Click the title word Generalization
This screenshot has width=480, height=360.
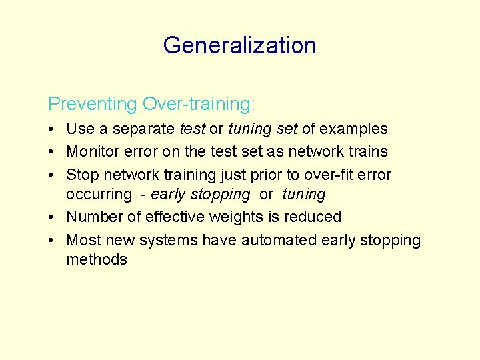(239, 45)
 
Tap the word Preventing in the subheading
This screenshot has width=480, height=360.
(92, 104)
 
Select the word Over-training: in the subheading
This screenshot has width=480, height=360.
(199, 104)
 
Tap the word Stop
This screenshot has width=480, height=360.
(81, 175)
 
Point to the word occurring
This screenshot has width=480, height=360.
(99, 195)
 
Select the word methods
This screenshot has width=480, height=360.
(97, 259)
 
